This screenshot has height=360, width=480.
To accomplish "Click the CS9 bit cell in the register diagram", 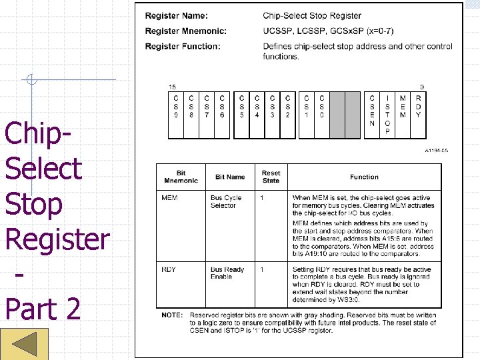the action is click(175, 115).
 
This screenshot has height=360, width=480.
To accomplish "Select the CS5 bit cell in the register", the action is click(241, 115).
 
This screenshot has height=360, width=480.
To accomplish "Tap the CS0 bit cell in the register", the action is click(321, 115).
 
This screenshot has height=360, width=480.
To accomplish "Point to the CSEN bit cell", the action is click(372, 115).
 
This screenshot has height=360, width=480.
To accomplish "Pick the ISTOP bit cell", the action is click(387, 115).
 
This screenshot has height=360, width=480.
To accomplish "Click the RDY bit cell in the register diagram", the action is click(418, 115).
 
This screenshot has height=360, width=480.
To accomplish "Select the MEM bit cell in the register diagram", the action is click(403, 115).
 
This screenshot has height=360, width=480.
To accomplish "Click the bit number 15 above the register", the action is click(172, 87).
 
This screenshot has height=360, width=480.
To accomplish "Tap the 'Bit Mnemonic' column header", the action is click(181, 177).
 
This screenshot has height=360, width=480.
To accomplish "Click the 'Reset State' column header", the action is click(271, 177).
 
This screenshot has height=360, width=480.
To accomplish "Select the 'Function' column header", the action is click(364, 177).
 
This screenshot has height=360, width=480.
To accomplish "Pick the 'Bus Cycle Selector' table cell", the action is click(226, 201).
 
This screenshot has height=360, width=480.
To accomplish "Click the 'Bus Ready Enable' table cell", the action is click(227, 273).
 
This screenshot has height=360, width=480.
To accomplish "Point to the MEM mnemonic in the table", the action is click(169, 198).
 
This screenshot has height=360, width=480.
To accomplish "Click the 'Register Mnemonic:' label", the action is click(185, 31).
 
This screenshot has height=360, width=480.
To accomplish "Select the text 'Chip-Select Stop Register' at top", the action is click(312, 15).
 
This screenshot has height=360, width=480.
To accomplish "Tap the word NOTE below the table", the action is click(172, 315).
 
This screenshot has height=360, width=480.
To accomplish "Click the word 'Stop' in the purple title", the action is click(33, 203).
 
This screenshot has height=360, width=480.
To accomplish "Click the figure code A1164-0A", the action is click(436, 151).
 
